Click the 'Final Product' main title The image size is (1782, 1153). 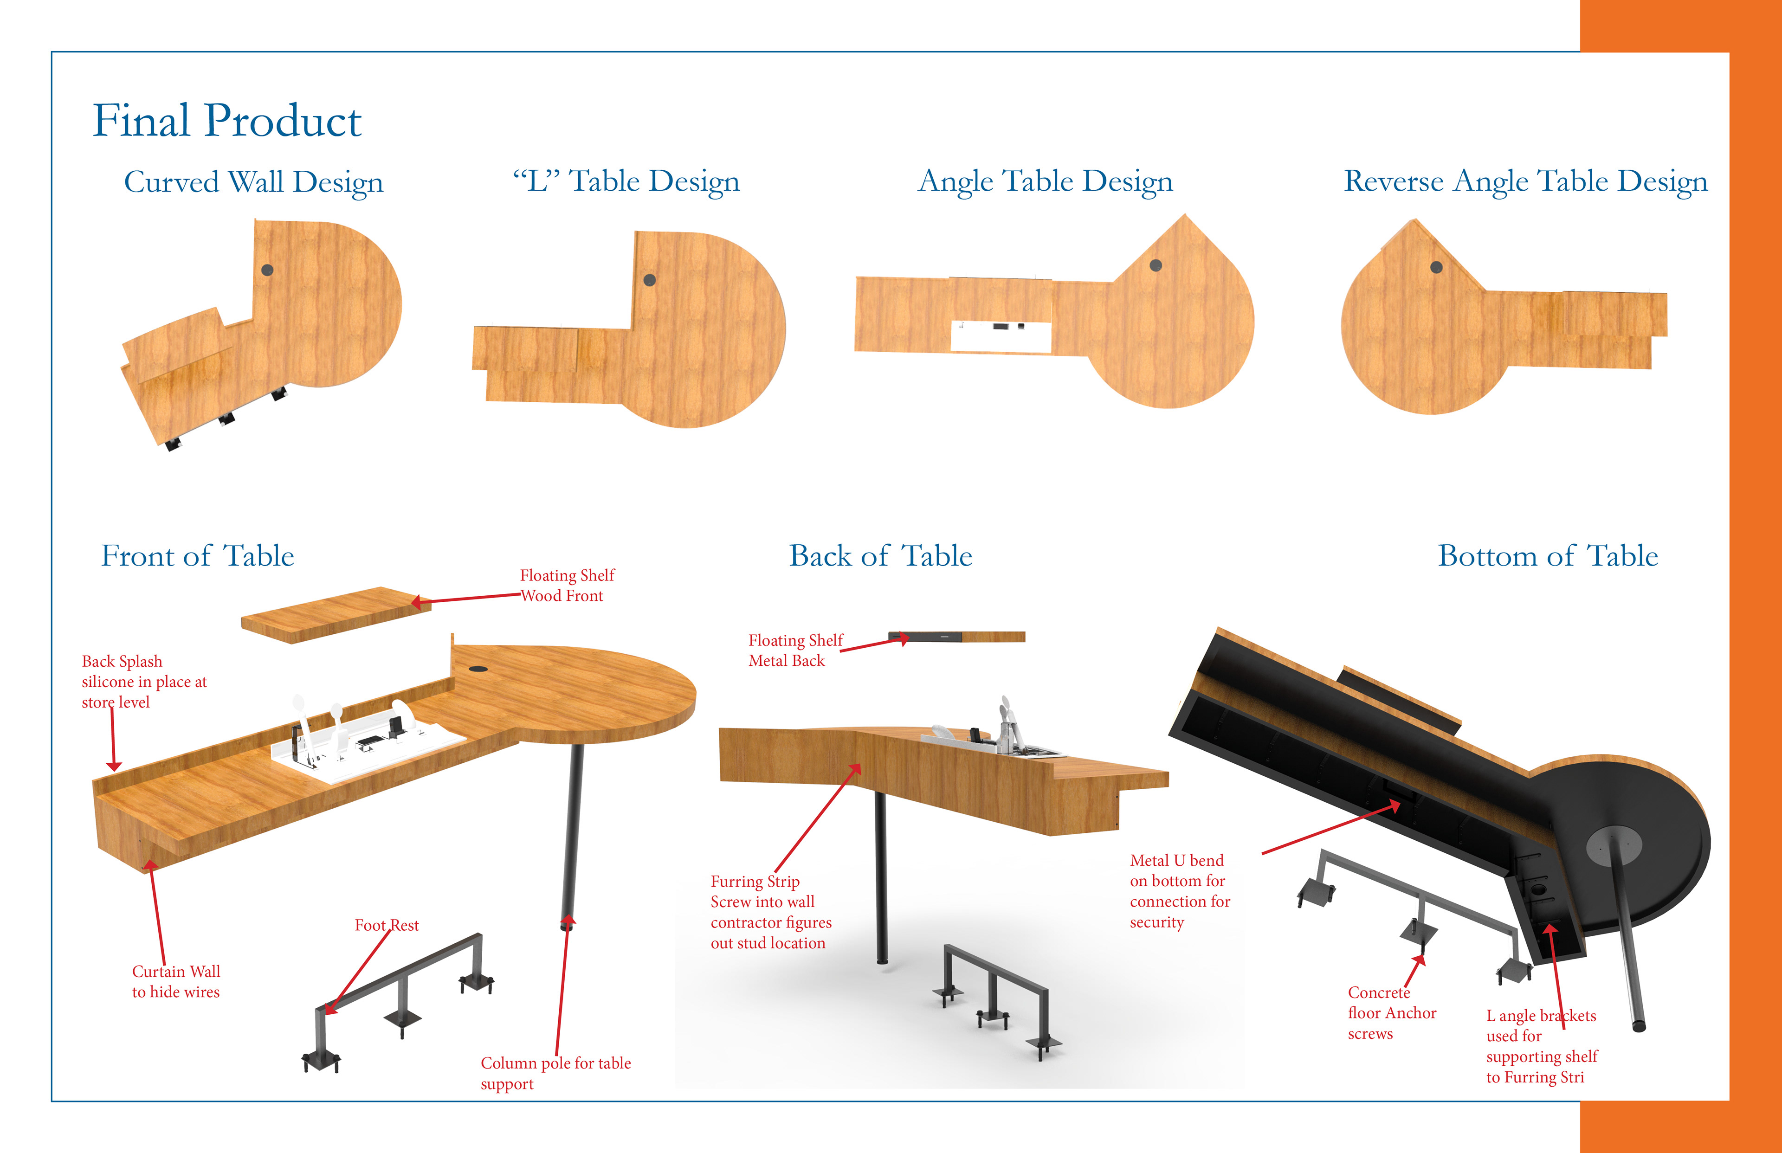pyautogui.click(x=227, y=121)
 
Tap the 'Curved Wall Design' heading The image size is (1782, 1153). pyautogui.click(x=254, y=182)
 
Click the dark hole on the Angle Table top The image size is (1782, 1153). pyautogui.click(x=1156, y=265)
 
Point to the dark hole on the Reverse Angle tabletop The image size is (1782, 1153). pyautogui.click(x=1436, y=267)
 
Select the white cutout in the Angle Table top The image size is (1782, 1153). pyautogui.click(x=1001, y=336)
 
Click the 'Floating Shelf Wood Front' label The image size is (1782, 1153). pyautogui.click(x=567, y=586)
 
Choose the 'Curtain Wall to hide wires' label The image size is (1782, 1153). pyautogui.click(x=176, y=981)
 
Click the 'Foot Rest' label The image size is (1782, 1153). pyautogui.click(x=387, y=925)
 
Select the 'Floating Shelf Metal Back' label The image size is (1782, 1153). pyautogui.click(x=795, y=650)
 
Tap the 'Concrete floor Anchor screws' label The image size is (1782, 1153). pyautogui.click(x=1392, y=1013)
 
